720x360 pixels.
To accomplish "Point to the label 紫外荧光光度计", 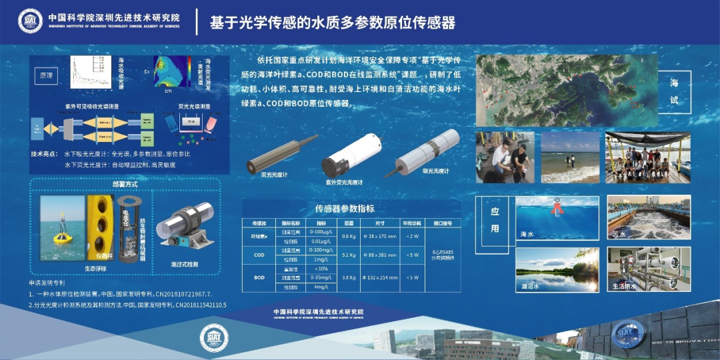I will click(x=344, y=182).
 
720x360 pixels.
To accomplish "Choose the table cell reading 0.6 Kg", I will click(x=348, y=236).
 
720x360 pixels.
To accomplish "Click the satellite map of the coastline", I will click(x=565, y=90).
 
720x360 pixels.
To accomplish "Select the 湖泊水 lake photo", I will click(x=557, y=269).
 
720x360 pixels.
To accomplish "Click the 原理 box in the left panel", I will click(x=46, y=75).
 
